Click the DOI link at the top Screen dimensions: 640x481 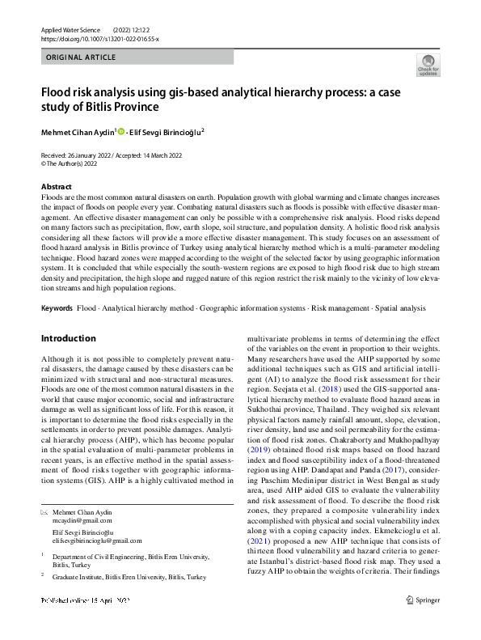(99, 38)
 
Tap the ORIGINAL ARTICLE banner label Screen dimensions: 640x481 (81, 57)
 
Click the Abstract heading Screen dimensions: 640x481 (56, 187)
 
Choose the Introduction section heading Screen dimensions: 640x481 (68, 338)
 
